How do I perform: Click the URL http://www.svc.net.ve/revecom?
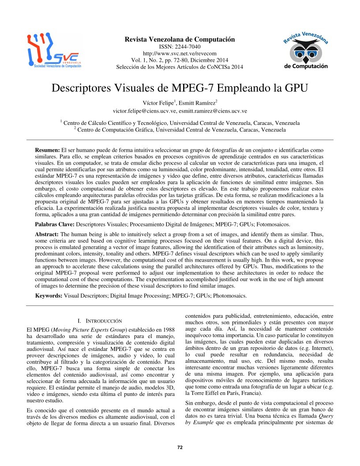click(x=179, y=53)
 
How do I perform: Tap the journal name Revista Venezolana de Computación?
click(x=180, y=40)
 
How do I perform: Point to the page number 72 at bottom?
click(x=180, y=447)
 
